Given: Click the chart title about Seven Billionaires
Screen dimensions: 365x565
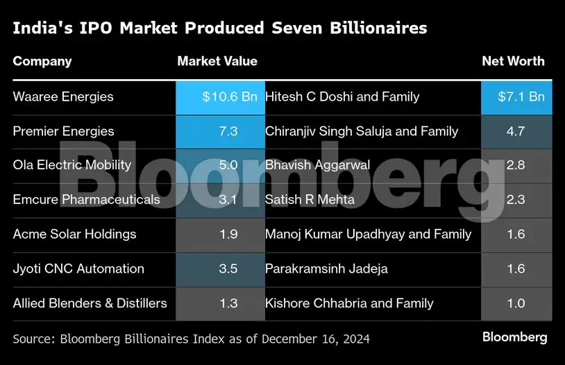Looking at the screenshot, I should pyautogui.click(x=220, y=28).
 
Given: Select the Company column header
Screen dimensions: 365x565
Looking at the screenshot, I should pyautogui.click(x=42, y=61).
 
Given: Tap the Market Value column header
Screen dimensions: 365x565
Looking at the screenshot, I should pyautogui.click(x=217, y=61).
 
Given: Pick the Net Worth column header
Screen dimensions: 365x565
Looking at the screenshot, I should pyautogui.click(x=513, y=61).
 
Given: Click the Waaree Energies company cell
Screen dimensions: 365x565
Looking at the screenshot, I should pyautogui.click(x=63, y=96).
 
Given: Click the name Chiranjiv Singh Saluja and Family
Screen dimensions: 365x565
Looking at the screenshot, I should pyautogui.click(x=362, y=131).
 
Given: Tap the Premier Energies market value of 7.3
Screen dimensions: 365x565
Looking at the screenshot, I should pyautogui.click(x=228, y=131).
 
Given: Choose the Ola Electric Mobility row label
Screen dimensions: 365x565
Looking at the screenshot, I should pyautogui.click(x=72, y=165).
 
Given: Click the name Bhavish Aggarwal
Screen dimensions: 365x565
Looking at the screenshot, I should pyautogui.click(x=317, y=165).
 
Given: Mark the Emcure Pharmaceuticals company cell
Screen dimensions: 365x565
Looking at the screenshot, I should pyautogui.click(x=87, y=200).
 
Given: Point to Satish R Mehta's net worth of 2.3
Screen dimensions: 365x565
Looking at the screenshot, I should pyautogui.click(x=516, y=200).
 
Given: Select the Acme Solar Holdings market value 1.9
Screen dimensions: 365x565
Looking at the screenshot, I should pyautogui.click(x=228, y=234).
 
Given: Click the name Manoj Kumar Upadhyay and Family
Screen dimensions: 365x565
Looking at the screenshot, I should pyautogui.click(x=368, y=234).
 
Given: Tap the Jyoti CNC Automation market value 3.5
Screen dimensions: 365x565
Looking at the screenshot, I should pyautogui.click(x=228, y=269).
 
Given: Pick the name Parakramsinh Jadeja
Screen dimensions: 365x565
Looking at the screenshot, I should pyautogui.click(x=326, y=269).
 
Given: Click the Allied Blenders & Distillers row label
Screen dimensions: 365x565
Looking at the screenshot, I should pyautogui.click(x=90, y=303).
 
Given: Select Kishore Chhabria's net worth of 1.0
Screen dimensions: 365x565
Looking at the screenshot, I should pyautogui.click(x=516, y=303).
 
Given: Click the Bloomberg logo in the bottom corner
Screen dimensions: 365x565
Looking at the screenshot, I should pyautogui.click(x=515, y=337).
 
